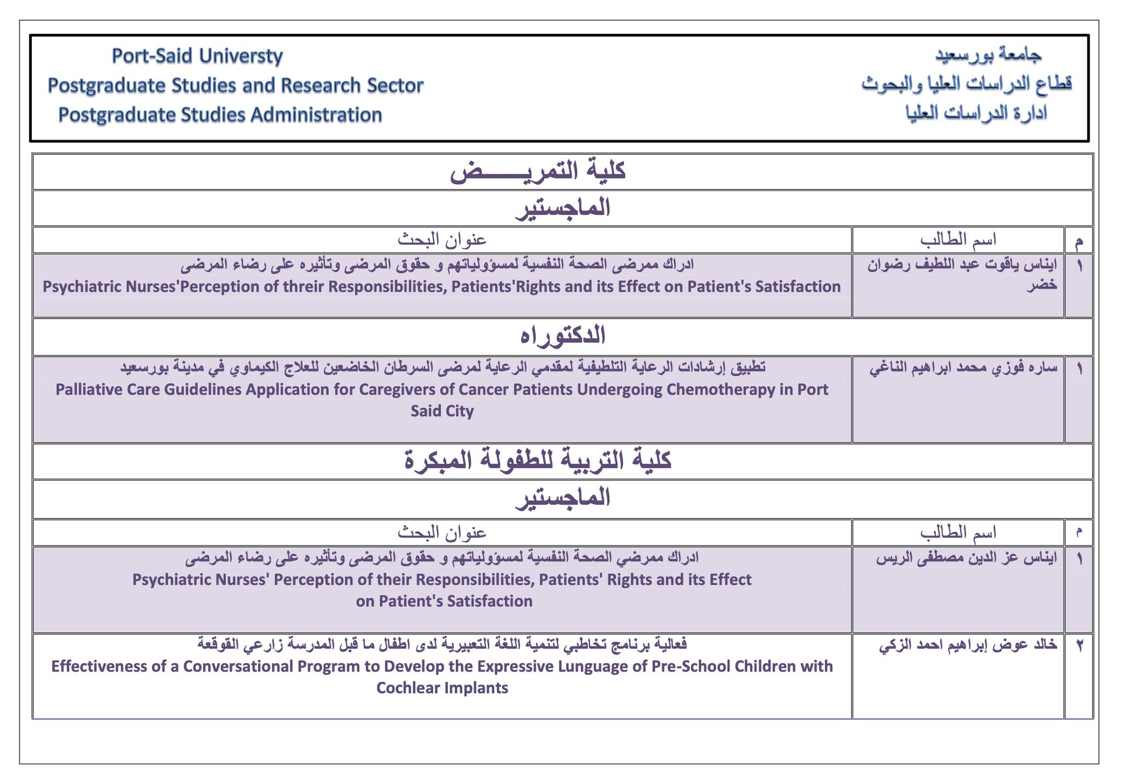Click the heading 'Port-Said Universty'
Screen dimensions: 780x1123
click(x=197, y=56)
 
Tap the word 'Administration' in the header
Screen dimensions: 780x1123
click(x=316, y=115)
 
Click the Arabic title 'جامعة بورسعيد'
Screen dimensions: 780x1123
click(x=988, y=54)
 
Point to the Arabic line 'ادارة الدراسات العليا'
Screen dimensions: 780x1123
click(x=976, y=113)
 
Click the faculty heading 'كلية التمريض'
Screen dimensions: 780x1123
click(x=538, y=171)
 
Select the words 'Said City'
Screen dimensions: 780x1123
click(x=442, y=411)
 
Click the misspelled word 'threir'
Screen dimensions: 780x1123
click(x=271, y=287)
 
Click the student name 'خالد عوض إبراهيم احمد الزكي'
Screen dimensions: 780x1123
click(x=968, y=645)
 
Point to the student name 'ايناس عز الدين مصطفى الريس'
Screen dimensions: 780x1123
click(x=967, y=558)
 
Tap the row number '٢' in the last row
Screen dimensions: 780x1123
click(x=1079, y=646)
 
